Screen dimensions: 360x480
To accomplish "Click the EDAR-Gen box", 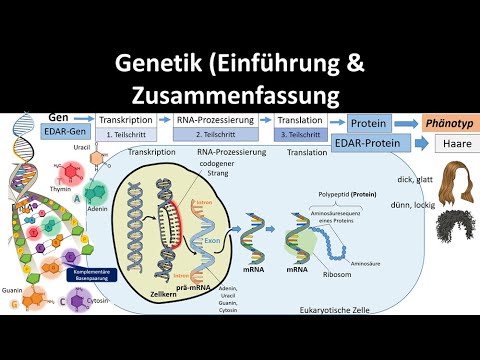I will (66, 131).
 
